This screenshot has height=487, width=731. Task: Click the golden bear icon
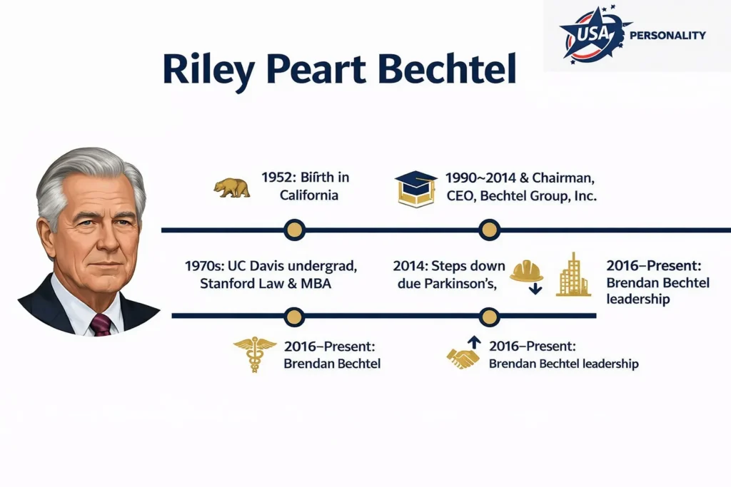[x=232, y=188]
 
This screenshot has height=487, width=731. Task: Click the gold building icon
[x=573, y=275]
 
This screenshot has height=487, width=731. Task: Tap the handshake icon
[x=463, y=359]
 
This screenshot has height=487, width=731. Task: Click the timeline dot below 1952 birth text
[x=294, y=230]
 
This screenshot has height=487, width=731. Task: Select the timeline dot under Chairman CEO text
[x=489, y=230]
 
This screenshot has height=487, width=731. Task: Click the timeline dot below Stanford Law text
[x=294, y=315]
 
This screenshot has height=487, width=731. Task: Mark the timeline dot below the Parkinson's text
[x=489, y=315]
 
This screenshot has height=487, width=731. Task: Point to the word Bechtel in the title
[x=446, y=70]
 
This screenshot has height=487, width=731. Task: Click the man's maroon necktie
[x=101, y=324]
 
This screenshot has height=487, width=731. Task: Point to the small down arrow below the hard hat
[x=535, y=289]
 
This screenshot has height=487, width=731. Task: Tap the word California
[x=309, y=195]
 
